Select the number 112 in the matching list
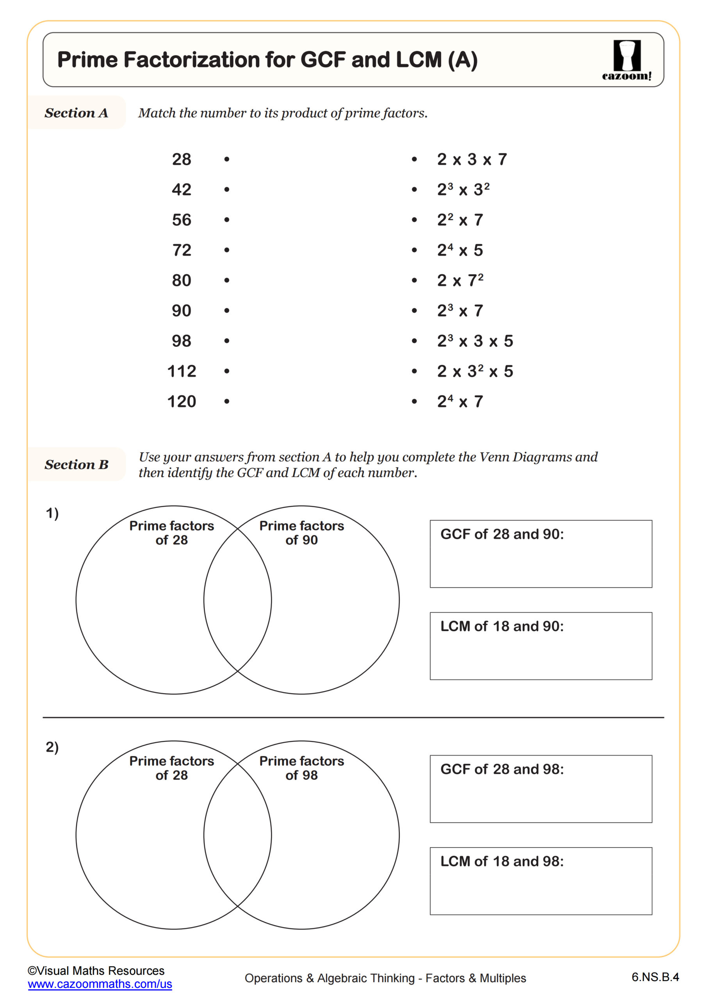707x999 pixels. (x=182, y=371)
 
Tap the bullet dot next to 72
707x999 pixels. (x=226, y=250)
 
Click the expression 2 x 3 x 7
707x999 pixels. (x=472, y=159)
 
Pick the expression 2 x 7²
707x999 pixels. (x=460, y=280)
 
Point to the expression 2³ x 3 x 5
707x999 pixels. (x=475, y=341)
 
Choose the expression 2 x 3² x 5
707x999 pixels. (x=475, y=371)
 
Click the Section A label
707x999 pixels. (x=76, y=113)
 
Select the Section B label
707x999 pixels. (x=76, y=464)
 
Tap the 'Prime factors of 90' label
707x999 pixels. (x=301, y=533)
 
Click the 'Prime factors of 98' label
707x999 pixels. (x=301, y=768)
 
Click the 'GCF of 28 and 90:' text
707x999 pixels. (x=502, y=534)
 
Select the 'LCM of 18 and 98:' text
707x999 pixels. (x=502, y=861)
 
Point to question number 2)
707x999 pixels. (x=52, y=747)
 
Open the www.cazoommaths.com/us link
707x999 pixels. (x=100, y=984)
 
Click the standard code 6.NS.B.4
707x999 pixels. (x=655, y=977)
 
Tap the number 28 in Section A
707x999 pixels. (x=182, y=159)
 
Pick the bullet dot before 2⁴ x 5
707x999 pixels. (x=414, y=250)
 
